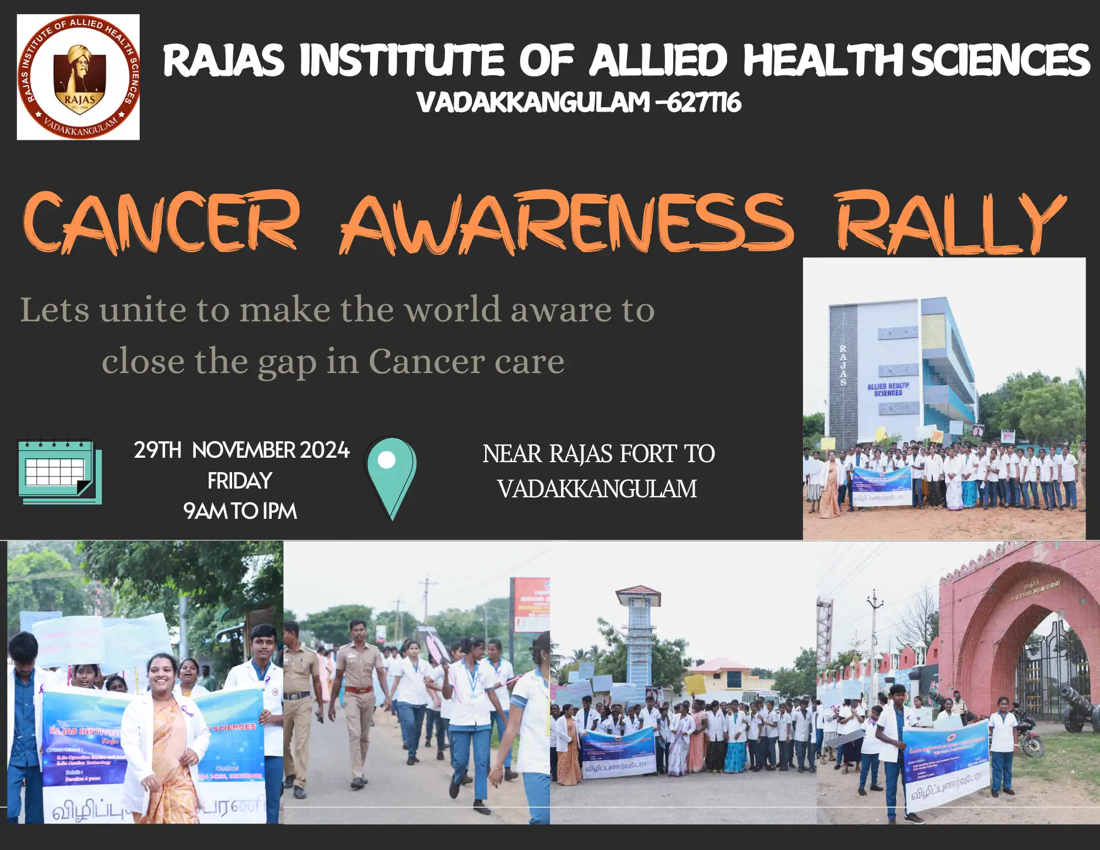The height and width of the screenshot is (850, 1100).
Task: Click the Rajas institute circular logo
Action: click(78, 77)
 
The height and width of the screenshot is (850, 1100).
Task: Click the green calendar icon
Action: click(59, 471)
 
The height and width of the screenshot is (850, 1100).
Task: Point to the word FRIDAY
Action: click(240, 481)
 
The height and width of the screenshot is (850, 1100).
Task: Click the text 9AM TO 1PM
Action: click(240, 511)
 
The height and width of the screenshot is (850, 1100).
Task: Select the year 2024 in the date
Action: click(324, 450)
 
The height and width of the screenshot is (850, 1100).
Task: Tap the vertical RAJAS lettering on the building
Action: click(843, 365)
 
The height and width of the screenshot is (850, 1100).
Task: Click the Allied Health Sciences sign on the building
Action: click(888, 390)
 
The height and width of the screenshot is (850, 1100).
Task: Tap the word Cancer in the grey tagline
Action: click(426, 361)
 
